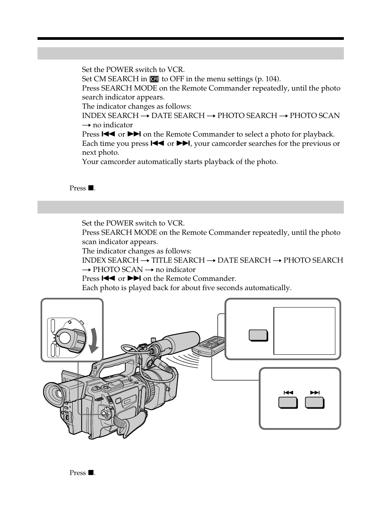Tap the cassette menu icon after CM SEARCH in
pyautogui.click(x=154, y=79)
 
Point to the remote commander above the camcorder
pyautogui.click(x=211, y=345)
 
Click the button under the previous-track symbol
pyautogui.click(x=288, y=403)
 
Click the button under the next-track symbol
pyautogui.click(x=314, y=403)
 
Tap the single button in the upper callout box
pyautogui.click(x=258, y=335)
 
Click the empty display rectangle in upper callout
pyautogui.click(x=304, y=331)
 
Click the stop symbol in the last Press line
pyautogui.click(x=91, y=473)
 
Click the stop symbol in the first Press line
pyautogui.click(x=91, y=188)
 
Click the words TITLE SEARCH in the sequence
pyautogui.click(x=178, y=260)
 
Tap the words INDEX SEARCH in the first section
pyautogui.click(x=110, y=116)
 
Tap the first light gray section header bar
pyautogui.click(x=190, y=53)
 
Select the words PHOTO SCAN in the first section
pyautogui.click(x=314, y=116)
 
